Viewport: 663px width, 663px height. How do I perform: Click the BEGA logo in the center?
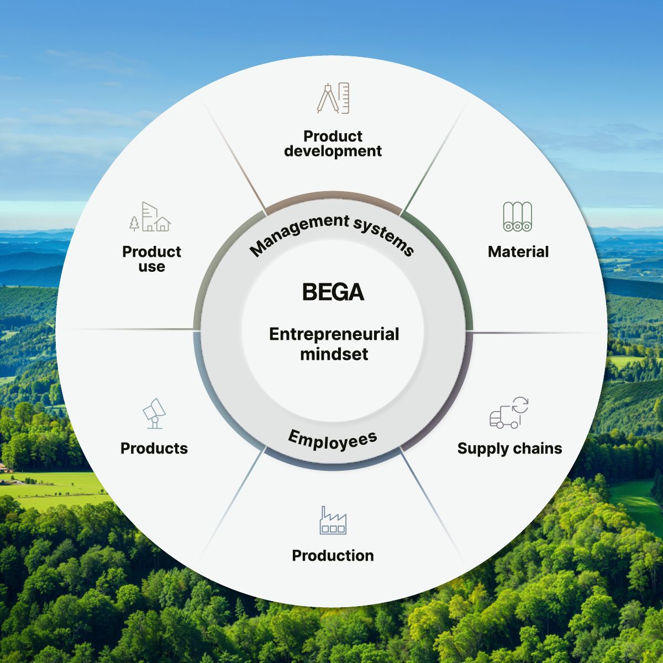click(x=333, y=292)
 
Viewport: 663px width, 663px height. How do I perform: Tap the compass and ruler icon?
click(x=333, y=98)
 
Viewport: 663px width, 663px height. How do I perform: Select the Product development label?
click(x=333, y=144)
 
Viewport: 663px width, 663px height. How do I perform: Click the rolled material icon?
click(x=518, y=217)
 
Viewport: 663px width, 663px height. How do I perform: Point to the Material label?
click(x=518, y=252)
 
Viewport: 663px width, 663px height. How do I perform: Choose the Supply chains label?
click(x=509, y=448)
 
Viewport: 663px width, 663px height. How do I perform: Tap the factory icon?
click(x=333, y=520)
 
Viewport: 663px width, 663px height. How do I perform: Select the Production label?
click(x=333, y=555)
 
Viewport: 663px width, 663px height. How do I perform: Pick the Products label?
click(x=154, y=448)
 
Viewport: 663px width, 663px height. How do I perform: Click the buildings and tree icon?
click(x=150, y=217)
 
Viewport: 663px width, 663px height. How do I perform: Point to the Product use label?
click(x=151, y=259)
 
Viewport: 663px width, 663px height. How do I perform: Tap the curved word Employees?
click(x=333, y=440)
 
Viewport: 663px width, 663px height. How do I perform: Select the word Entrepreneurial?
click(x=334, y=334)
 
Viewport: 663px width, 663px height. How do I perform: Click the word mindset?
click(x=334, y=354)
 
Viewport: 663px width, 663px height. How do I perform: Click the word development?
click(x=333, y=151)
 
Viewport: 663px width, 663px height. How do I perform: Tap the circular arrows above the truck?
click(x=520, y=406)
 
